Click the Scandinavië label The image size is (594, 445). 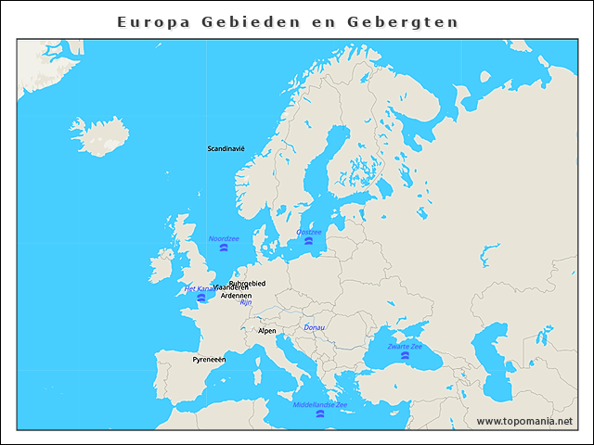click(226, 148)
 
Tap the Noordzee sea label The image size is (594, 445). click(224, 238)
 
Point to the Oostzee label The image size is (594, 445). click(309, 232)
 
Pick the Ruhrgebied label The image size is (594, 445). click(247, 283)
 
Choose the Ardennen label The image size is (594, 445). click(236, 296)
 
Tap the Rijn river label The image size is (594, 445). click(246, 302)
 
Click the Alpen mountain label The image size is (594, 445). click(266, 330)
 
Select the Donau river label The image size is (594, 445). click(316, 327)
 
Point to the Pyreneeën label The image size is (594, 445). click(209, 359)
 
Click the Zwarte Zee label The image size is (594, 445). click(405, 346)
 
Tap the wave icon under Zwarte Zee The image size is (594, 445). click(405, 356)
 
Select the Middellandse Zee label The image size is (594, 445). click(320, 405)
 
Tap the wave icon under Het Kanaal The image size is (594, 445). click(200, 299)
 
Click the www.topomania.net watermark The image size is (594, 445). click(524, 421)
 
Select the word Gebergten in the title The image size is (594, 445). click(412, 20)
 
